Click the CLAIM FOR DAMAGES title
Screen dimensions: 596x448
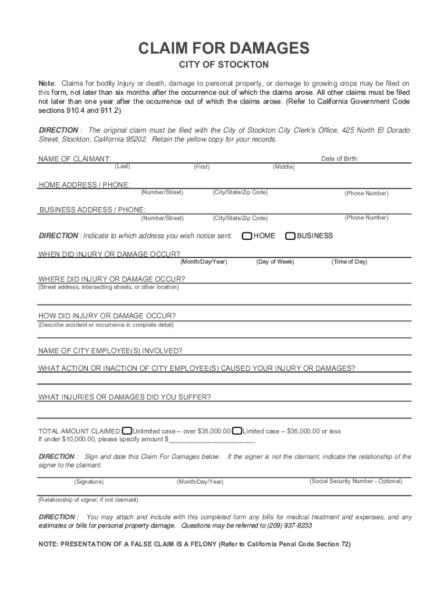point(223,48)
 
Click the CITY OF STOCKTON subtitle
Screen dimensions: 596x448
point(223,65)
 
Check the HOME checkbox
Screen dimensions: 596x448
point(247,236)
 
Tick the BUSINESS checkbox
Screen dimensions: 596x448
point(290,236)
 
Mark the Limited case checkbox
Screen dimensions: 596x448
point(237,431)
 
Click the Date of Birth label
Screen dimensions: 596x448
point(340,158)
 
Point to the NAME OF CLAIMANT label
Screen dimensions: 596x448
point(74,159)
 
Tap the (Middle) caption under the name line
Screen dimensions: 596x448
point(284,167)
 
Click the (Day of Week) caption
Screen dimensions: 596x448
point(275,262)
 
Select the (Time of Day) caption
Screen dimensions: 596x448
point(349,262)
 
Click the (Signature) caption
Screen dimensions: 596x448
point(89,482)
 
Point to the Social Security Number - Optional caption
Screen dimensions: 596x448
point(355,481)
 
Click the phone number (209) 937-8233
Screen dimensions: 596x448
point(289,525)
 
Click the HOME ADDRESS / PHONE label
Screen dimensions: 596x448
point(84,185)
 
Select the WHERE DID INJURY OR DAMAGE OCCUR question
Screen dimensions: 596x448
point(112,279)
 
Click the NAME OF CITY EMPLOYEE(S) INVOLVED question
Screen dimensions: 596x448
point(111,351)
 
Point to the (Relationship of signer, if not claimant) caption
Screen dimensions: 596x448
point(88,500)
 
